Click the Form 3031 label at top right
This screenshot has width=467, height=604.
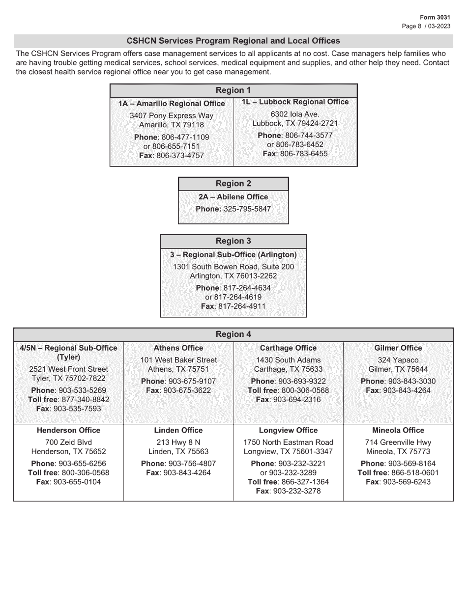(x=435, y=17)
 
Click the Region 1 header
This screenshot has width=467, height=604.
(x=233, y=90)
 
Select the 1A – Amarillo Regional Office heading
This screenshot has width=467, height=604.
(x=172, y=104)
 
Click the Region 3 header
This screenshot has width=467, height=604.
(x=233, y=241)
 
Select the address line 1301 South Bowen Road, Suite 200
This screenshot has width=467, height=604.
(x=233, y=267)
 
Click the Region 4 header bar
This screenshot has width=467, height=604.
(x=233, y=334)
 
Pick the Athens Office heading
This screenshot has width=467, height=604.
(x=178, y=348)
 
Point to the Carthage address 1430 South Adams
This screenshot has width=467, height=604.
(x=288, y=360)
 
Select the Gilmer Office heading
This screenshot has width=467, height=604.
(x=398, y=348)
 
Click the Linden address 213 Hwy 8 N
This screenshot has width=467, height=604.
(x=178, y=442)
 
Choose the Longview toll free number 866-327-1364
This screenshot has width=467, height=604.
(x=303, y=482)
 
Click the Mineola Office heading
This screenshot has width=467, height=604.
(x=398, y=430)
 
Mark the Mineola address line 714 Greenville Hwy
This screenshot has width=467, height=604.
(x=398, y=442)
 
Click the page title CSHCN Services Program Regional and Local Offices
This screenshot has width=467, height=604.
(x=233, y=41)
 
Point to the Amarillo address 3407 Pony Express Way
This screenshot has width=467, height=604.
(x=172, y=116)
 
